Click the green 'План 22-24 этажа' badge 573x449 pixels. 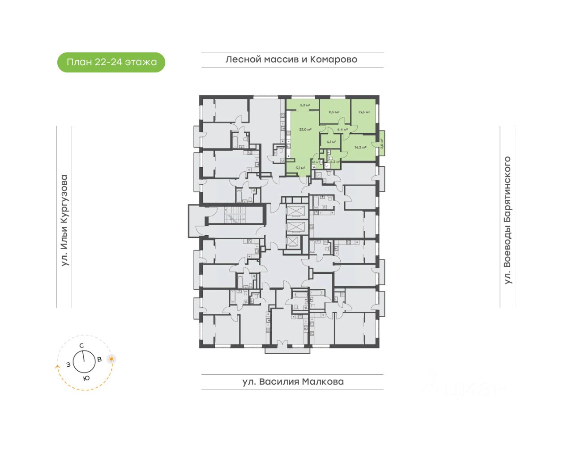tap(111, 62)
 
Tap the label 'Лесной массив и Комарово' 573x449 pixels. tap(291, 59)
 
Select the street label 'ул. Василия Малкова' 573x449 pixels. tap(293, 382)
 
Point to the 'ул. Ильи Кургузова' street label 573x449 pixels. tap(64, 220)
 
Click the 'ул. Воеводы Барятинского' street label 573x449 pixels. tap(507, 220)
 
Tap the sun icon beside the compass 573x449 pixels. tap(111, 359)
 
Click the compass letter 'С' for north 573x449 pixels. tap(81, 345)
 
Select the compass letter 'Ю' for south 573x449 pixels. tap(86, 378)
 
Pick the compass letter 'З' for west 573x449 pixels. tap(68, 364)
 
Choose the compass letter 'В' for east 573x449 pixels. tap(99, 359)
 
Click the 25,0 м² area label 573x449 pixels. tap(305, 130)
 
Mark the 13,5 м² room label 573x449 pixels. tap(364, 112)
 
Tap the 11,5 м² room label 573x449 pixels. tap(334, 112)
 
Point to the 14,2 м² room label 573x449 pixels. tap(360, 147)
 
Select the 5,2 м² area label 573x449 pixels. tap(305, 106)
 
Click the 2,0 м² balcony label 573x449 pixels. tap(382, 143)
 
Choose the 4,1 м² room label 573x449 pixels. tap(331, 142)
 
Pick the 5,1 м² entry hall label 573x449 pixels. tap(300, 168)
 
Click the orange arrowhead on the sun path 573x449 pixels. tap(57, 366)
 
